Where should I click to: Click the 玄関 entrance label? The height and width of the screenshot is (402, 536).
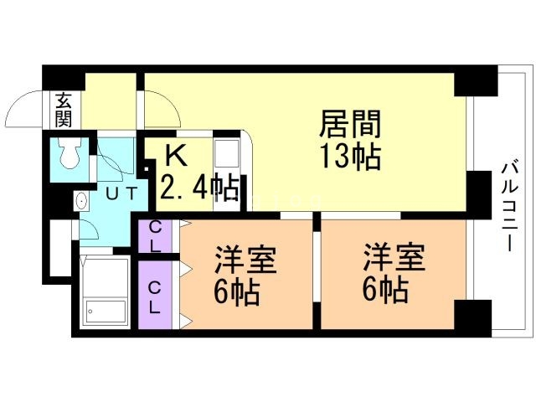(x=64, y=110)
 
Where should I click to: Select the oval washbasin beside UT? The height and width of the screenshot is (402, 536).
(x=81, y=201)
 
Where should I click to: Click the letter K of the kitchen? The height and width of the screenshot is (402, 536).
(x=174, y=155)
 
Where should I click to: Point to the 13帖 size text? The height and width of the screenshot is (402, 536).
(x=350, y=157)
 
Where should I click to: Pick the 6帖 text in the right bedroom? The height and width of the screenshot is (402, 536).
(x=386, y=291)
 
